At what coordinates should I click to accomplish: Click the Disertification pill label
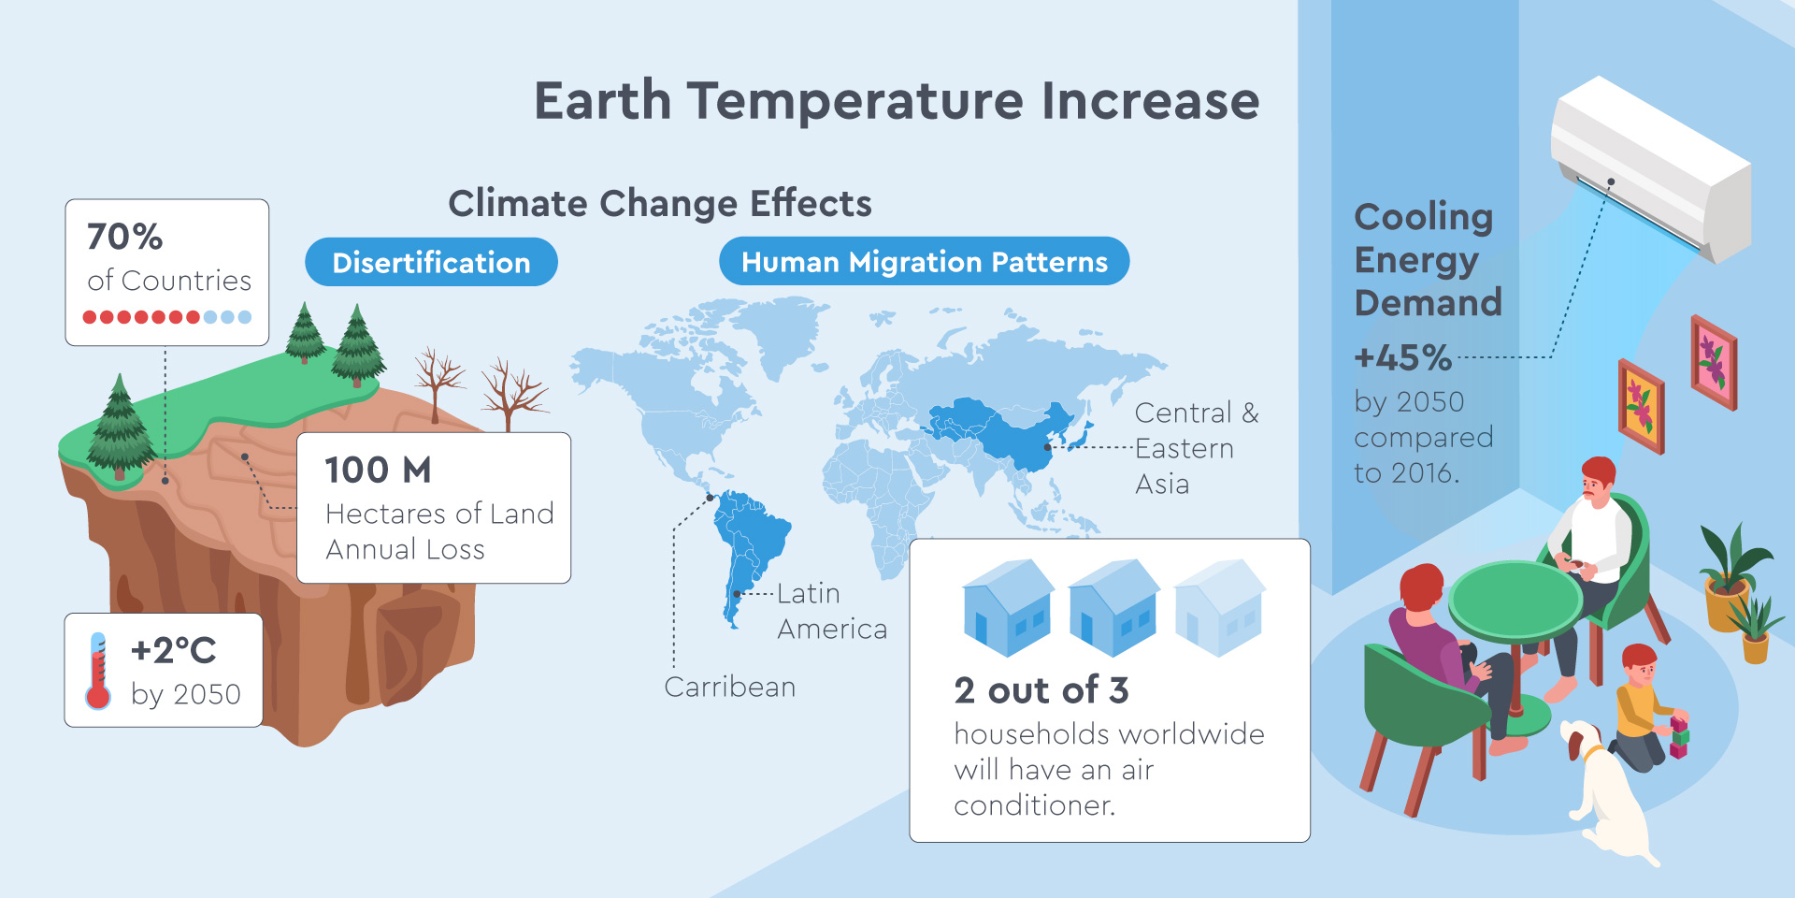[x=431, y=262]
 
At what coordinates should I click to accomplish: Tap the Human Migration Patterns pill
[x=924, y=261]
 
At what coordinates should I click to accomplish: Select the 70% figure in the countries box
[x=124, y=237]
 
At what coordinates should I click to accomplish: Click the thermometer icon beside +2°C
[x=97, y=671]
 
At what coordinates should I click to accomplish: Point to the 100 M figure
[x=378, y=470]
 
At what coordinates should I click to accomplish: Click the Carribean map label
[x=729, y=687]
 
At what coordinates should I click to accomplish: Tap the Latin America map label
[x=831, y=611]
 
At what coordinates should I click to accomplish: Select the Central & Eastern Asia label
[x=1197, y=448]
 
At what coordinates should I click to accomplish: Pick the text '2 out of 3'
[x=1041, y=690]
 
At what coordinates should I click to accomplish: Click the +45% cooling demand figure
[x=1402, y=357]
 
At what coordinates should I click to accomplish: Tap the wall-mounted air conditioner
[x=1650, y=168]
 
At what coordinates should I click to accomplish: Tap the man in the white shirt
[x=1589, y=571]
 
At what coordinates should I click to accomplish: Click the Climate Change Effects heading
[x=659, y=203]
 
